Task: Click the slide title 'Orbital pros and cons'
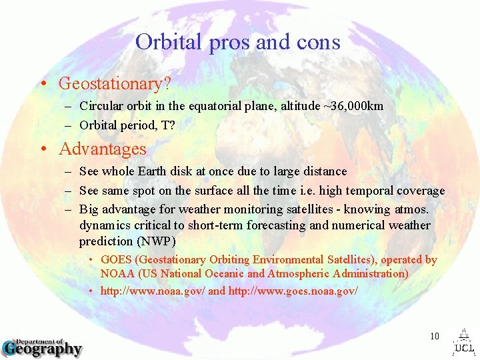pyautogui.click(x=237, y=42)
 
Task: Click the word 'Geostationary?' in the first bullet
pyautogui.click(x=115, y=84)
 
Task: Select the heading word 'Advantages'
pyautogui.click(x=102, y=149)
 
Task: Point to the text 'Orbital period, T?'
pyautogui.click(x=127, y=125)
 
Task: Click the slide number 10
pyautogui.click(x=434, y=336)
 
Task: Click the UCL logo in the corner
pyautogui.click(x=463, y=341)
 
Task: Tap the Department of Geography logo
pyautogui.click(x=42, y=347)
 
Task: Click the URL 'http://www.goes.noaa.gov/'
pyautogui.click(x=293, y=291)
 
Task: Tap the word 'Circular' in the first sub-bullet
pyautogui.click(x=99, y=106)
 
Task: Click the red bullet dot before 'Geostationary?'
pyautogui.click(x=42, y=85)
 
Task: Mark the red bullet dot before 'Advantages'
pyautogui.click(x=42, y=149)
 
